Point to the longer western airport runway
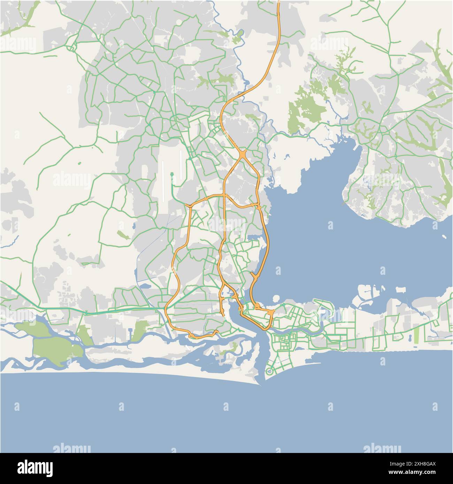pos(163,181)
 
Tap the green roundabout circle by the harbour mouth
pos(269,372)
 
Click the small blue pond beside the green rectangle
pos(410,338)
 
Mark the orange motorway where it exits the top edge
pos(279,2)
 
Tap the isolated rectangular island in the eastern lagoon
pos(401,289)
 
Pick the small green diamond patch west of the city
pos(122,235)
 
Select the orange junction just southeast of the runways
pos(189,206)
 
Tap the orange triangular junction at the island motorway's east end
pos(271,313)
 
